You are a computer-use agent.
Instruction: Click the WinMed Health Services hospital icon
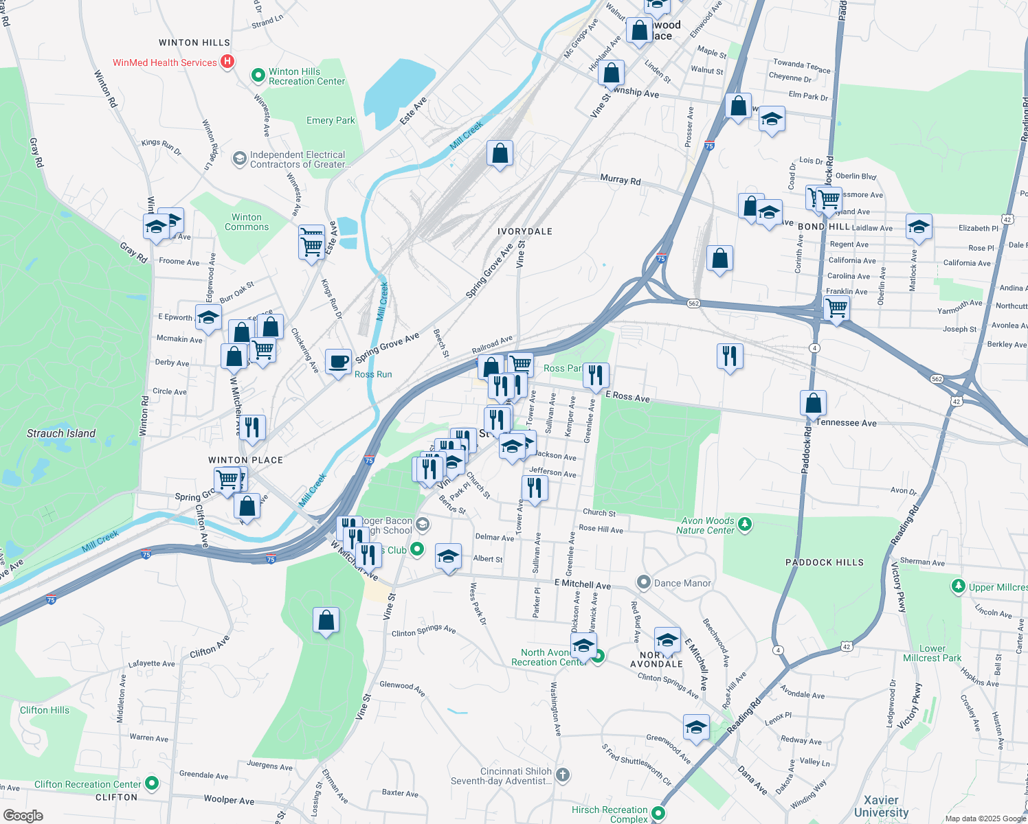pos(227,62)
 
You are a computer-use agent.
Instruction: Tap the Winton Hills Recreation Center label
pos(306,76)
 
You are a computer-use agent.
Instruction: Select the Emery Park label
pos(331,120)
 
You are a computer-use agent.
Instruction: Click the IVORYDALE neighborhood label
pos(525,231)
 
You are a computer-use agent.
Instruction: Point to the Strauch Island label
pos(61,433)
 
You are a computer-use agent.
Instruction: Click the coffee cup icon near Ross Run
pos(338,361)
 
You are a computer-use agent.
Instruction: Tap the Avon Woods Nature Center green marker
pos(745,525)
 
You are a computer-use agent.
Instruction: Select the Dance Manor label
pos(682,583)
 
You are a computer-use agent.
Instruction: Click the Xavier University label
pos(881,806)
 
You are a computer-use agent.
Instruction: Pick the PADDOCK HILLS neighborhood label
pos(824,562)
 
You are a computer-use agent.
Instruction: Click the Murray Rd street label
pos(620,180)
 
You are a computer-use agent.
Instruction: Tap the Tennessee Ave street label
pos(846,423)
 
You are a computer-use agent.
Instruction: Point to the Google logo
pos(23,815)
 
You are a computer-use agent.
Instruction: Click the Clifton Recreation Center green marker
pos(153,783)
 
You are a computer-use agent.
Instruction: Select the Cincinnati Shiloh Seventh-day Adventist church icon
pos(563,775)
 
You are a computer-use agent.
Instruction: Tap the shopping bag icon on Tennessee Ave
pos(813,403)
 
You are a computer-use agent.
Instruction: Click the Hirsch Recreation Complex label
pos(610,814)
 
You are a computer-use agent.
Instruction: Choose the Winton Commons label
pos(247,222)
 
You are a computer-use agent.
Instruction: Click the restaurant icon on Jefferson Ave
pos(535,488)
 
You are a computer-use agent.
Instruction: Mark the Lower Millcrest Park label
pos(932,653)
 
